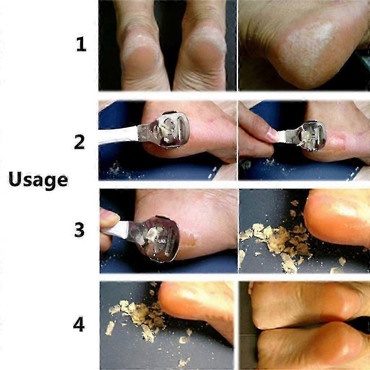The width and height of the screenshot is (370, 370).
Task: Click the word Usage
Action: pos(38,180)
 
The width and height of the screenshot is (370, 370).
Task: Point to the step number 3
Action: pos(79,230)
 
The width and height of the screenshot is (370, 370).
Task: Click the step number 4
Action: pos(78,325)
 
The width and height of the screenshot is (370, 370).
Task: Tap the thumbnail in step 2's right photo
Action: pos(271,135)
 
